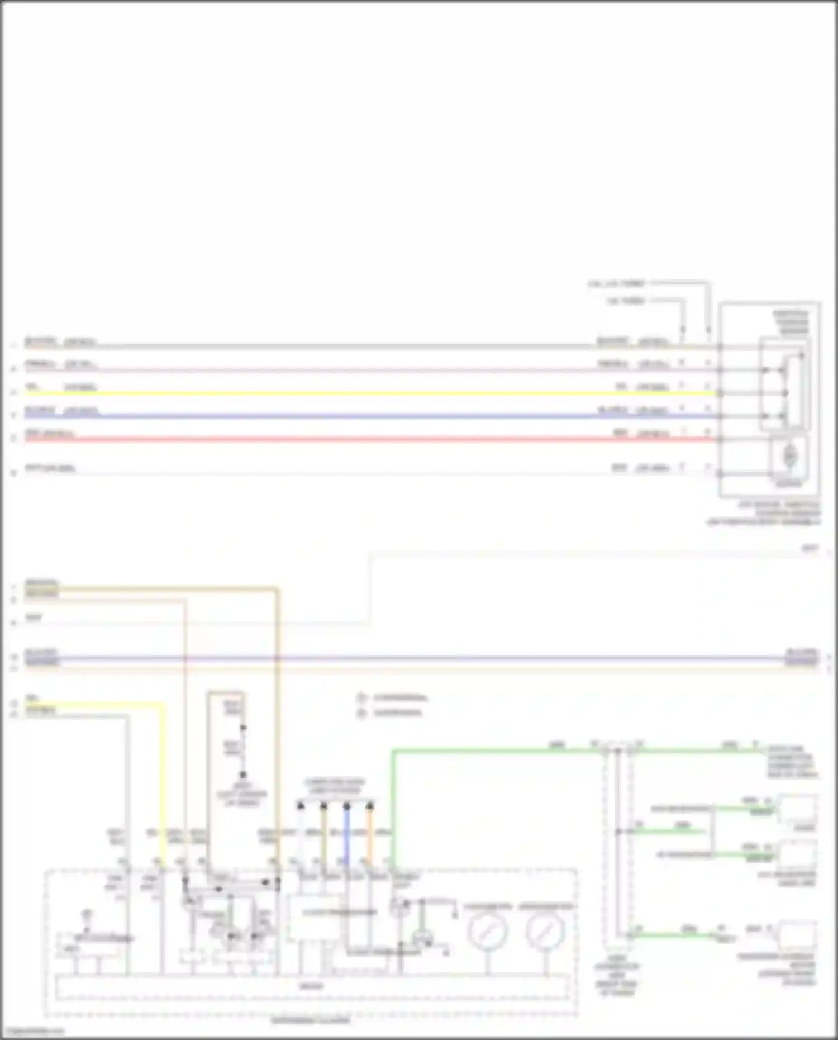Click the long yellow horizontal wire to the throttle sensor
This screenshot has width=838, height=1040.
(369, 393)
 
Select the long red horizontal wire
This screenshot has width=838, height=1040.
(369, 440)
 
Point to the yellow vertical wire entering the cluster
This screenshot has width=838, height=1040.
(163, 782)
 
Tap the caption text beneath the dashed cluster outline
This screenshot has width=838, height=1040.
(311, 1021)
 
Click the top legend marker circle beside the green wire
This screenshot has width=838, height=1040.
(361, 698)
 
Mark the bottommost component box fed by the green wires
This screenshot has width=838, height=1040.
(799, 934)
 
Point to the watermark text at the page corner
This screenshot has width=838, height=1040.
(32, 1032)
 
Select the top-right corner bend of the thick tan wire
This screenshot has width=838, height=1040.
(277, 588)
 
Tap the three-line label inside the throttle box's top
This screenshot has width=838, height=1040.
(791, 322)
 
